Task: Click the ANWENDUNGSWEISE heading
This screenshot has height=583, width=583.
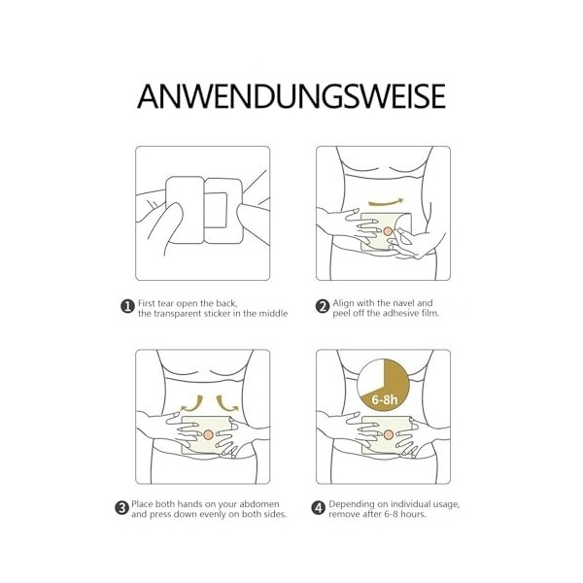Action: tap(291, 96)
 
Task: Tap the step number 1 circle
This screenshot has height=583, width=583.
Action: tap(127, 307)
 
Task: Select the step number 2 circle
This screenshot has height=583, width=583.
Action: tap(323, 307)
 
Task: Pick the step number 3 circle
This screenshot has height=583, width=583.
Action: tap(121, 508)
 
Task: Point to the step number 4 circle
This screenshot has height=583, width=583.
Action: tap(318, 508)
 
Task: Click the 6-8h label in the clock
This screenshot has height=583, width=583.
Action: tap(385, 399)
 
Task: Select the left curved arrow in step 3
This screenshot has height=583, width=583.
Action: tap(192, 404)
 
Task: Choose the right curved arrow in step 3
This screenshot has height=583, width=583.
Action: tap(226, 404)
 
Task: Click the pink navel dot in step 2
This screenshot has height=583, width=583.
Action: tap(388, 231)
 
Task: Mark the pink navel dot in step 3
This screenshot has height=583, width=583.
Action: tap(208, 434)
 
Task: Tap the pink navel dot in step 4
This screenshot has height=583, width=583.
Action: tap(389, 434)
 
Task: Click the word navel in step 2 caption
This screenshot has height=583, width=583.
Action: tap(402, 303)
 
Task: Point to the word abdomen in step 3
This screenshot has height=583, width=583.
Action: tap(259, 504)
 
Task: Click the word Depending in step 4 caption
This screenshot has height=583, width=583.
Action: tap(346, 505)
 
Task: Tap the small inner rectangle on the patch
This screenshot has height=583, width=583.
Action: tap(216, 210)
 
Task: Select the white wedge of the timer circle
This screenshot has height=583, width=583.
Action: tap(371, 375)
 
